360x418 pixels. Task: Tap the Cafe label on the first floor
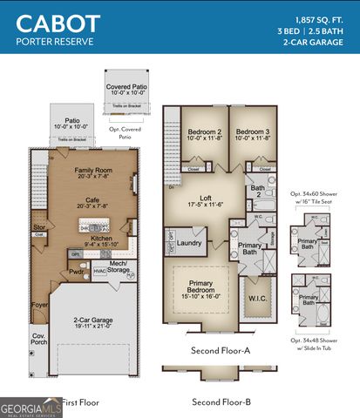tap(95, 199)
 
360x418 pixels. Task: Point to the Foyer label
tap(40, 304)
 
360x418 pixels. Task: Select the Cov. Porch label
tap(38, 340)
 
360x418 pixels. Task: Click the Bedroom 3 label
tap(253, 133)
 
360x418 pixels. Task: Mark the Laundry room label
tap(191, 244)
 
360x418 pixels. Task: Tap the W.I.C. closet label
tap(259, 300)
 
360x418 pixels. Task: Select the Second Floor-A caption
tap(221, 350)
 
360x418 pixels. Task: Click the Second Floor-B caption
tap(221, 401)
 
